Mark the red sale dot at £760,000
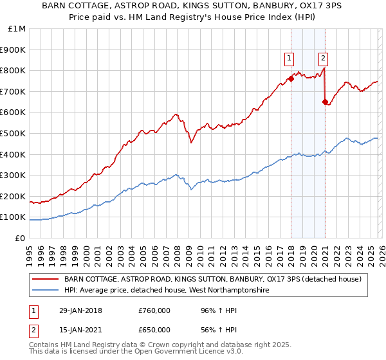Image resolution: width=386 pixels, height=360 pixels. pyautogui.click(x=291, y=78)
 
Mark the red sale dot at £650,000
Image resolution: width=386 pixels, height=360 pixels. pyautogui.click(x=325, y=101)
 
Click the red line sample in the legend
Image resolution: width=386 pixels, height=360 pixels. pyautogui.click(x=46, y=279)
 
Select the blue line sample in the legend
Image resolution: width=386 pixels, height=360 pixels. pyautogui.click(x=46, y=291)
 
